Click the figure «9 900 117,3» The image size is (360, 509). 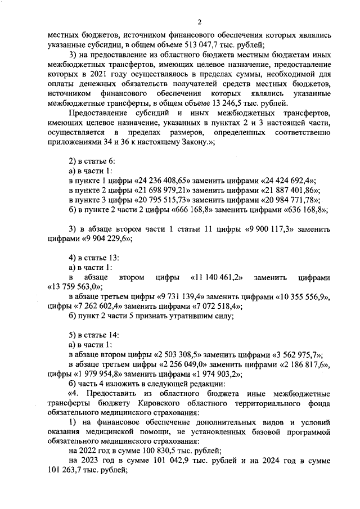271,229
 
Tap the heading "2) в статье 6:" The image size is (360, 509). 92,161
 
